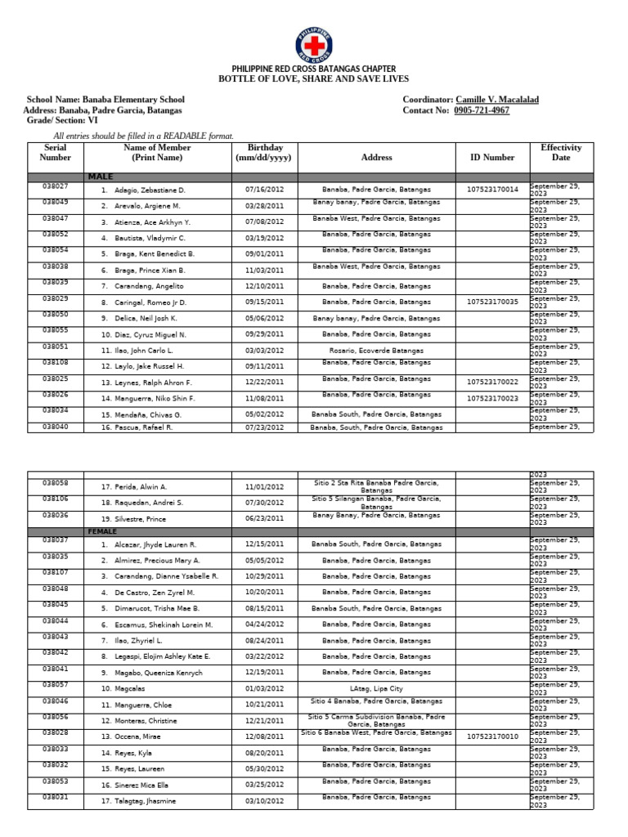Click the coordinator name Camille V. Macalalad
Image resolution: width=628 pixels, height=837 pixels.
coord(496,100)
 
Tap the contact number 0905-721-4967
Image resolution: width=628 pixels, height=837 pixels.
coord(482,110)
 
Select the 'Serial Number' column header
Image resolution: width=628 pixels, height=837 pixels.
coord(56,152)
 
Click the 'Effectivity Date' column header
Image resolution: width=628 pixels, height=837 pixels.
coord(560,152)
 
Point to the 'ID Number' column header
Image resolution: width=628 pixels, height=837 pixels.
coord(492,157)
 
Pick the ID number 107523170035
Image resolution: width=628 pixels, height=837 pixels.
coord(492,302)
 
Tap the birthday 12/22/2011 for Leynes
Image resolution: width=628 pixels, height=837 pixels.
coord(265,383)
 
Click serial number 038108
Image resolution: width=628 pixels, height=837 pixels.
coord(56,362)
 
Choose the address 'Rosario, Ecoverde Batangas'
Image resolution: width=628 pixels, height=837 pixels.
coord(377,350)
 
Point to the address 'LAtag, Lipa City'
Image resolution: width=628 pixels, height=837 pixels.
coord(376,689)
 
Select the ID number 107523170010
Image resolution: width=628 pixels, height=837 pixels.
coord(492,736)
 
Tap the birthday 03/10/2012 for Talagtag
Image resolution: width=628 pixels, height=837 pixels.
coord(265,801)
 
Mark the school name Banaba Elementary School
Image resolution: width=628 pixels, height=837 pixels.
coord(133,100)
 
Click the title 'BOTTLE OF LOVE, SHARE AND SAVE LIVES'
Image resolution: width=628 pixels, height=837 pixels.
coord(313,79)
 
